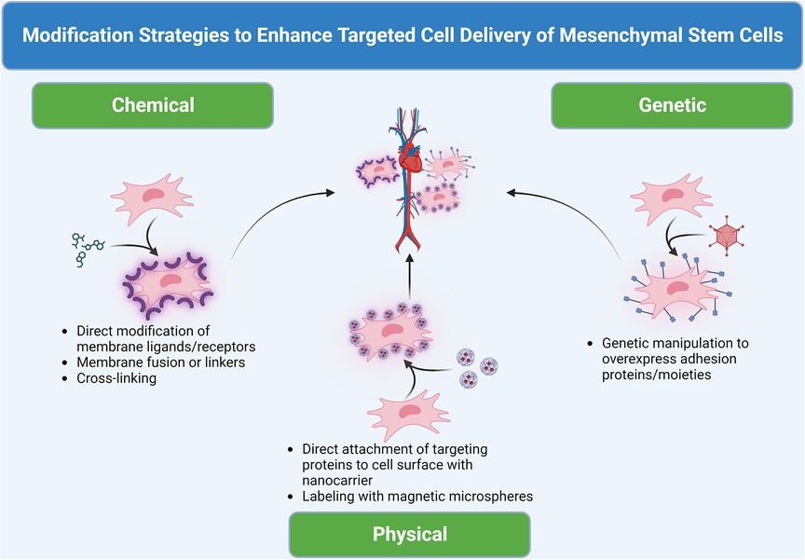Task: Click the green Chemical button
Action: pos(153,105)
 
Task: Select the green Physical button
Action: pos(409,534)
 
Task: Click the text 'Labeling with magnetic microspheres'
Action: pos(417,497)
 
